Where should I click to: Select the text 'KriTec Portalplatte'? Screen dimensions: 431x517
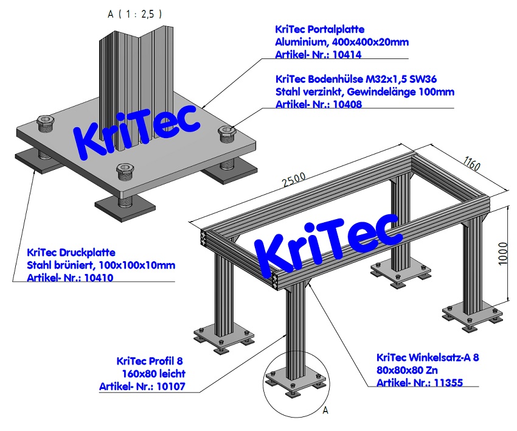(x=320, y=29)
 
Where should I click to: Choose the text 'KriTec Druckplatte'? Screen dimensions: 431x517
(x=71, y=252)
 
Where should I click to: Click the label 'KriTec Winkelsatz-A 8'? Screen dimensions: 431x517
(x=428, y=357)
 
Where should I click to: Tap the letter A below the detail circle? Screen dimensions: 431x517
(x=325, y=411)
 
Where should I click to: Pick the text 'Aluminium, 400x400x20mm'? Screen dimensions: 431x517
(x=342, y=42)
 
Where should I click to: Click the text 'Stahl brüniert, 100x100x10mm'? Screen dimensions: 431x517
(x=101, y=265)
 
